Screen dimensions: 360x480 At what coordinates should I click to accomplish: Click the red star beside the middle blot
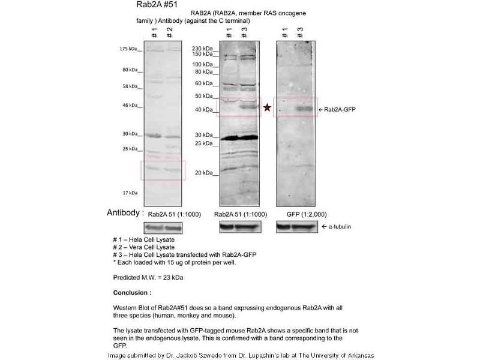click(267, 108)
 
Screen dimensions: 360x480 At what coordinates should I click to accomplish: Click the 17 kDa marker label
click(130, 193)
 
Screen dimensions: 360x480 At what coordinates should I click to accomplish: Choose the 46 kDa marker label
click(129, 106)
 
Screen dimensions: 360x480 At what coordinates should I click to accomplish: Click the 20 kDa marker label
click(204, 173)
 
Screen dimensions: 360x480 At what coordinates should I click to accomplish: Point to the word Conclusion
click(133, 293)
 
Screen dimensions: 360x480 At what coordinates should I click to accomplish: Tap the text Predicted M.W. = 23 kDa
click(148, 278)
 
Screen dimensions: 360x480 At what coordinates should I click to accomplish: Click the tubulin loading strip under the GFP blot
click(295, 227)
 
